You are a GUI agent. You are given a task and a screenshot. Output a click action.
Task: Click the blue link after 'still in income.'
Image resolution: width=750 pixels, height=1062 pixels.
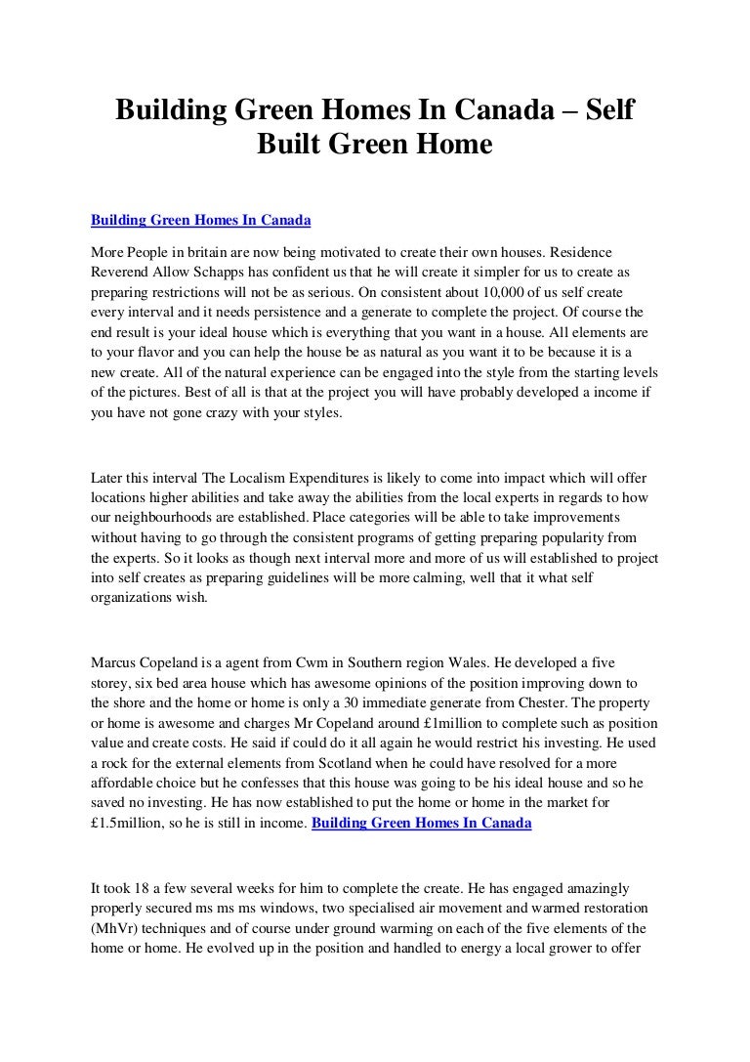point(421,823)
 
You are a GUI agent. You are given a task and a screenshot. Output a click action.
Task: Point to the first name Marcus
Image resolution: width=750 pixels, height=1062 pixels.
point(113,660)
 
